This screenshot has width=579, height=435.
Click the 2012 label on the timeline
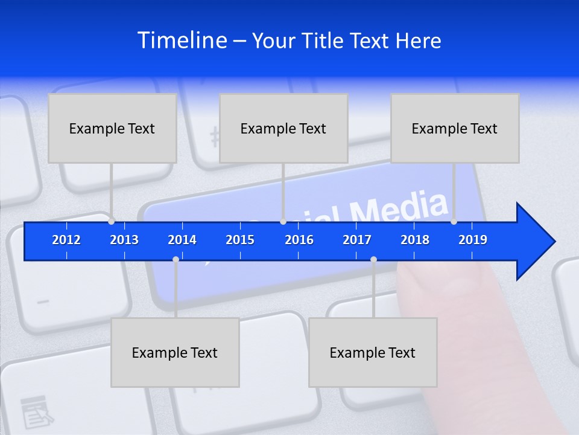pyautogui.click(x=66, y=240)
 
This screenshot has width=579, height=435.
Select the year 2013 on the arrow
pyautogui.click(x=124, y=240)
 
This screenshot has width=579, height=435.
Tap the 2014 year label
pyautogui.click(x=182, y=240)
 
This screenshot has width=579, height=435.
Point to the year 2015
pyautogui.click(x=240, y=240)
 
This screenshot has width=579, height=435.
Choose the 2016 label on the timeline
pyautogui.click(x=299, y=240)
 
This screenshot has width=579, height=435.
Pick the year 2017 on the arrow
pyautogui.click(x=357, y=240)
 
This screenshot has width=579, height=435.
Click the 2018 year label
pyautogui.click(x=415, y=240)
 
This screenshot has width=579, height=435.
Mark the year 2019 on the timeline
pyautogui.click(x=473, y=240)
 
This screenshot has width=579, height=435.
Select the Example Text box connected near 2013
pyautogui.click(x=112, y=128)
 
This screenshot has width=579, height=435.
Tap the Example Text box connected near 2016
pyautogui.click(x=283, y=128)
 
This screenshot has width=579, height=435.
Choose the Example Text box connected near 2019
pyautogui.click(x=455, y=128)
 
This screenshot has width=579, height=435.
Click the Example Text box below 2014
pyautogui.click(x=175, y=352)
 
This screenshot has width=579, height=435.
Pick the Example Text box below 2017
pyautogui.click(x=373, y=352)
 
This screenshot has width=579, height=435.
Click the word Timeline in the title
pyautogui.click(x=182, y=40)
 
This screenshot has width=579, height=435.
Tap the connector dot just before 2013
pyautogui.click(x=112, y=222)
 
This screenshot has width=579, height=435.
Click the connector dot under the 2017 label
pyautogui.click(x=373, y=260)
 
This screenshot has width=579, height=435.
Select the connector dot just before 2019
pyautogui.click(x=454, y=222)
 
